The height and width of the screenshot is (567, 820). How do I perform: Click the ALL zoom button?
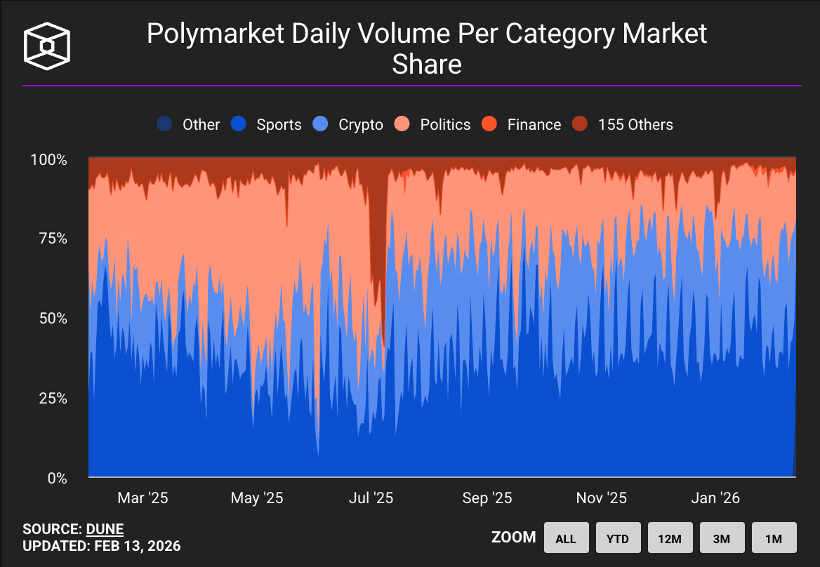point(567,538)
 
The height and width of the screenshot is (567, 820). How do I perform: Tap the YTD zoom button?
point(618,538)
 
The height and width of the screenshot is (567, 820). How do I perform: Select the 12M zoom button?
point(670,538)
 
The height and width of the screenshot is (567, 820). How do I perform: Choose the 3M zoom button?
point(722,538)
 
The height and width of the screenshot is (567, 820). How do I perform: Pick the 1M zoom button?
point(774,538)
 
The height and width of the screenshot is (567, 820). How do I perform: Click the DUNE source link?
point(105,529)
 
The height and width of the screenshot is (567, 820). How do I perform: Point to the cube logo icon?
point(47,46)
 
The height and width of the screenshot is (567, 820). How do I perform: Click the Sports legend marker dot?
point(239,124)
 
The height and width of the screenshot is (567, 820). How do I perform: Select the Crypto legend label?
point(361,125)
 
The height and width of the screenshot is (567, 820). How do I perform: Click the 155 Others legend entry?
point(622,124)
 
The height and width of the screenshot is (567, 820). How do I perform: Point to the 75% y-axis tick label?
point(53,239)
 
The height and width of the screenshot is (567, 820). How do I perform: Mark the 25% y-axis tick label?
point(53,399)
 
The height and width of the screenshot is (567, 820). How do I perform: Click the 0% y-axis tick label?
point(58,478)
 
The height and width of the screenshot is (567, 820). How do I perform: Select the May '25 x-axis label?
point(257,498)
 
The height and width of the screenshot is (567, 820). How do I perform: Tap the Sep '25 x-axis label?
point(487,498)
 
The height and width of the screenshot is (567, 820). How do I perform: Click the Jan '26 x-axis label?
point(715,498)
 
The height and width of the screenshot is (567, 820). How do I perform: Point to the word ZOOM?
point(513,538)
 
